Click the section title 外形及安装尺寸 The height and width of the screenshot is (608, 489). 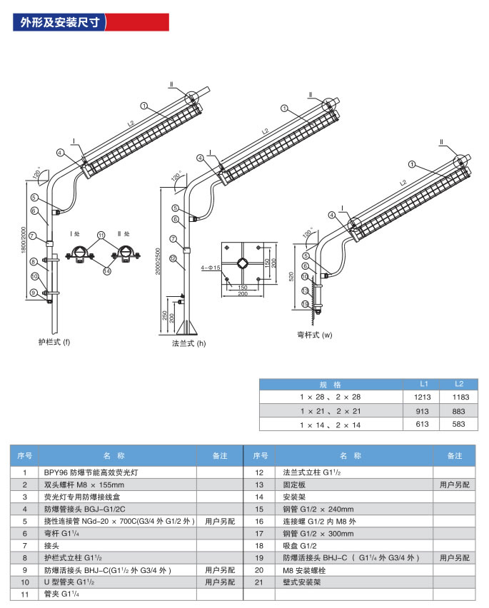point(59,23)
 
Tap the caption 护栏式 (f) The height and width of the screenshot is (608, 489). point(54,342)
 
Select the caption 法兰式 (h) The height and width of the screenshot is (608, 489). point(188,343)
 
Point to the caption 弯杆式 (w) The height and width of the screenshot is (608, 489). point(315,334)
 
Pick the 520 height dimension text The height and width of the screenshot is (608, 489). point(291,276)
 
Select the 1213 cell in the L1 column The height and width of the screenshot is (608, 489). point(423,396)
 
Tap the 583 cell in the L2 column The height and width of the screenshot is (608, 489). point(459,425)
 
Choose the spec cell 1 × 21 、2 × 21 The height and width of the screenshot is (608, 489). point(331,411)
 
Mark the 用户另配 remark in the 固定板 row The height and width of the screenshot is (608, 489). point(455,485)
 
